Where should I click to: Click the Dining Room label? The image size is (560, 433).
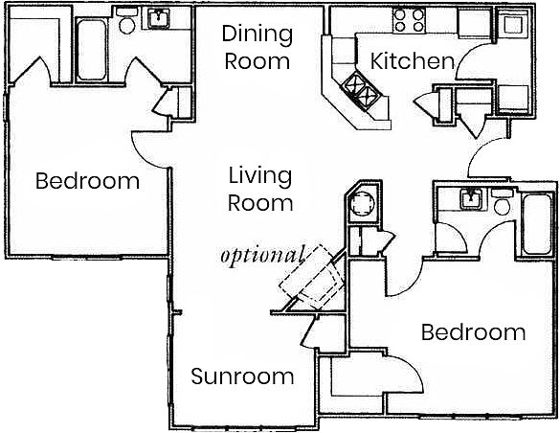[258, 48]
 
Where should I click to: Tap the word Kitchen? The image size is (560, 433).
[413, 60]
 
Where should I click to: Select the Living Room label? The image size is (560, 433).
[260, 190]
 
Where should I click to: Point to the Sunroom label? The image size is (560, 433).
[242, 376]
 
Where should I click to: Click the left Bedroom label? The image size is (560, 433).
[87, 181]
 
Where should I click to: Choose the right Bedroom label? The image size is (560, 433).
[474, 332]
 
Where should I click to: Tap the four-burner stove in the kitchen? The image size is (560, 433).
[409, 20]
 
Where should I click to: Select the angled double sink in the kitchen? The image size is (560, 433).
[362, 90]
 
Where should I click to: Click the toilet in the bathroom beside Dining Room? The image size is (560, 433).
[126, 21]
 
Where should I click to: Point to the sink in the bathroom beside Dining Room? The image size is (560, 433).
[159, 18]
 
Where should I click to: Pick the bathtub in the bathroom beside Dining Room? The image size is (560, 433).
[92, 49]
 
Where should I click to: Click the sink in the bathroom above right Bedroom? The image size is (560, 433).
[471, 199]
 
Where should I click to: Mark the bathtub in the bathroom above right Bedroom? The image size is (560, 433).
[536, 223]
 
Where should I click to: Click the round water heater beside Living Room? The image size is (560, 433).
[362, 204]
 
